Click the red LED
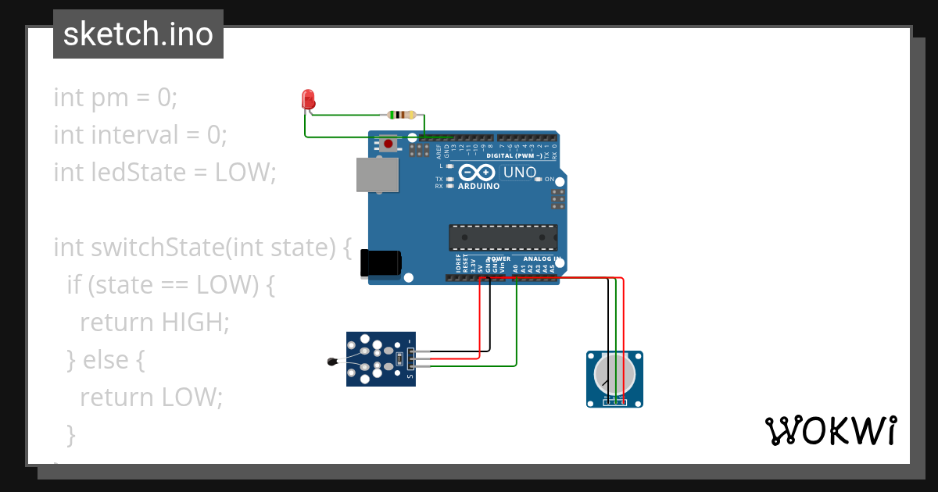(x=308, y=99)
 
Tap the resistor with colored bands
(x=401, y=115)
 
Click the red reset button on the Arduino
(x=388, y=144)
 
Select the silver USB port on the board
(x=378, y=174)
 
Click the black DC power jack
(x=380, y=262)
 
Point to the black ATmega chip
(x=503, y=237)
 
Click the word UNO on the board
(x=519, y=173)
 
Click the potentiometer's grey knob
(x=614, y=373)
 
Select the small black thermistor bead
(x=332, y=361)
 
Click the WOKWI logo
(x=829, y=430)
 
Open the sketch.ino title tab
(x=138, y=34)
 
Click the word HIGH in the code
(x=195, y=322)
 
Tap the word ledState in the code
(x=136, y=172)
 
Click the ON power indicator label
(x=549, y=179)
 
